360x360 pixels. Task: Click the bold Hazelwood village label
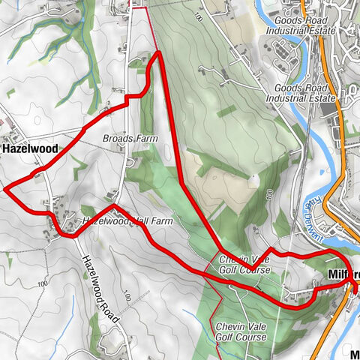(30, 149)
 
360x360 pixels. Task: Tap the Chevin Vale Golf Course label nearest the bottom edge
(240, 332)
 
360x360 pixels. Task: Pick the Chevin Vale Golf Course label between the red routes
(244, 264)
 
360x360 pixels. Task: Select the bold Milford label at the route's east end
(344, 274)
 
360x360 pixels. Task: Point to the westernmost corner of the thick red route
(5, 189)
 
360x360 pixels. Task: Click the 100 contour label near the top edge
(198, 16)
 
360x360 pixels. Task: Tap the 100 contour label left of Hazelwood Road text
(41, 283)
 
